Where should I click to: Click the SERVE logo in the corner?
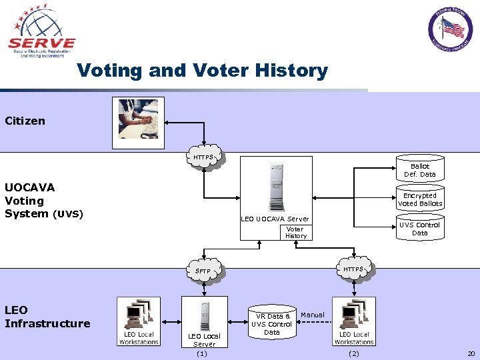42,32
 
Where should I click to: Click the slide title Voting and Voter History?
202,71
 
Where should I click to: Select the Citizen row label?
25,121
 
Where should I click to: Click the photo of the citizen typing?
139,119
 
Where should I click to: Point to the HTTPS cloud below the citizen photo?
204,158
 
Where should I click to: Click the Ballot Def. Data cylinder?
419,170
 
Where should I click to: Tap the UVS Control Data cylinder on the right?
419,229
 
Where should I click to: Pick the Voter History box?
295,232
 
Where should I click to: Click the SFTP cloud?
203,271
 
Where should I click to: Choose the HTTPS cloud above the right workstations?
353,269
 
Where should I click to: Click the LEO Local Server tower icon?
204,315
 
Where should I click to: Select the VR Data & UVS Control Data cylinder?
271,324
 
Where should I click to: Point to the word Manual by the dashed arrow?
313,315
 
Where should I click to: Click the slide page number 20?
471,353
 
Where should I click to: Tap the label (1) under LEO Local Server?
202,353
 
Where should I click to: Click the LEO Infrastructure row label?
47,317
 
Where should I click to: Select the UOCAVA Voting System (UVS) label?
43,200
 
